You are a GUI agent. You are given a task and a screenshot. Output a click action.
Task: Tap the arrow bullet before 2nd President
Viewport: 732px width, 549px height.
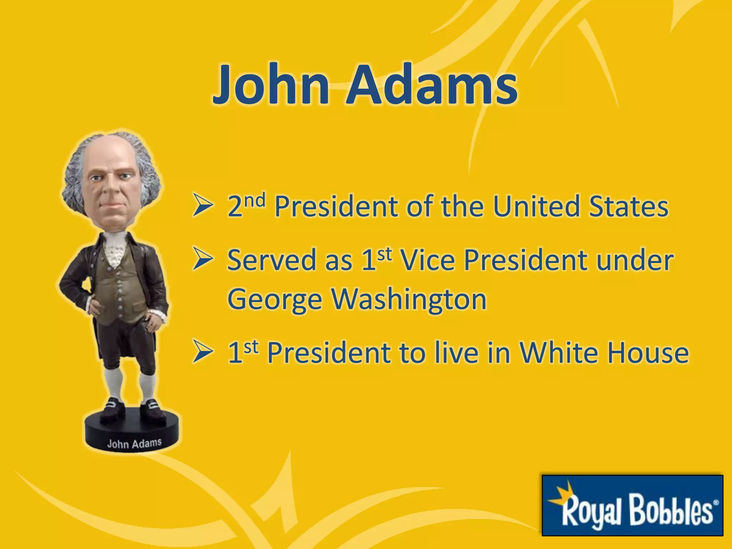coord(202,206)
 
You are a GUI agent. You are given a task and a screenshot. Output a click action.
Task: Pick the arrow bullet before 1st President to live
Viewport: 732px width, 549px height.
coord(202,352)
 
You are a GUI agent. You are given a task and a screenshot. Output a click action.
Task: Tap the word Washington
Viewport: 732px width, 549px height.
coord(409,300)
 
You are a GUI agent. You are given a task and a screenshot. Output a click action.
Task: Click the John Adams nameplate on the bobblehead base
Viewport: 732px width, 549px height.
coord(134,444)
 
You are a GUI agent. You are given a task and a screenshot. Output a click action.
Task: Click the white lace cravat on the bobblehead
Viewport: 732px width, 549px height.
coord(114,250)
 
